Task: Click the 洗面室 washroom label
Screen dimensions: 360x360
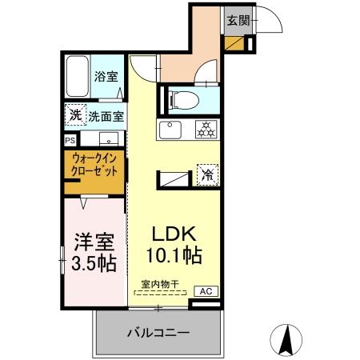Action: point(106,115)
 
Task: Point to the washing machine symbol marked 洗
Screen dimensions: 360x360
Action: point(74,115)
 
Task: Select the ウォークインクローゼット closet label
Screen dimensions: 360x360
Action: point(95,165)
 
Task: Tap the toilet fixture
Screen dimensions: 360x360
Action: point(180,100)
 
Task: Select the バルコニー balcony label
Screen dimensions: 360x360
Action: point(158,332)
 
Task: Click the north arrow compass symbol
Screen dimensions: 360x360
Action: point(286,339)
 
